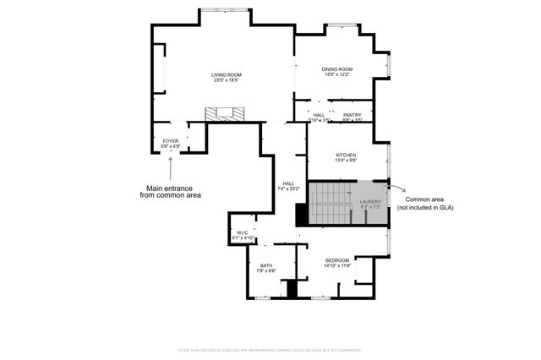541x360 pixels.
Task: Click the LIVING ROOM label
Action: (226, 75)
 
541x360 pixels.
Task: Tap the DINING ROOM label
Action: (336, 69)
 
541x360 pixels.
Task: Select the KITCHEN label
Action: (346, 155)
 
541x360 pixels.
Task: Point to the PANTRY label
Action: (352, 115)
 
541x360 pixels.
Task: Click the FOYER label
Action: (171, 141)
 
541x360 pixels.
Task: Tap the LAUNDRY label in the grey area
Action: (370, 201)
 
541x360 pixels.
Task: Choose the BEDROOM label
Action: (336, 261)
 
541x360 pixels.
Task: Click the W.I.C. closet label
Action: (242, 233)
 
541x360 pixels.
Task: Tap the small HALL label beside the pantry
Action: (318, 115)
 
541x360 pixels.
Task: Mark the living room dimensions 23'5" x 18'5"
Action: (226, 80)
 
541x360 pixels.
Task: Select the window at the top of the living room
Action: (225, 9)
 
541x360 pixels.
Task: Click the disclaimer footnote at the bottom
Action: (270, 349)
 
